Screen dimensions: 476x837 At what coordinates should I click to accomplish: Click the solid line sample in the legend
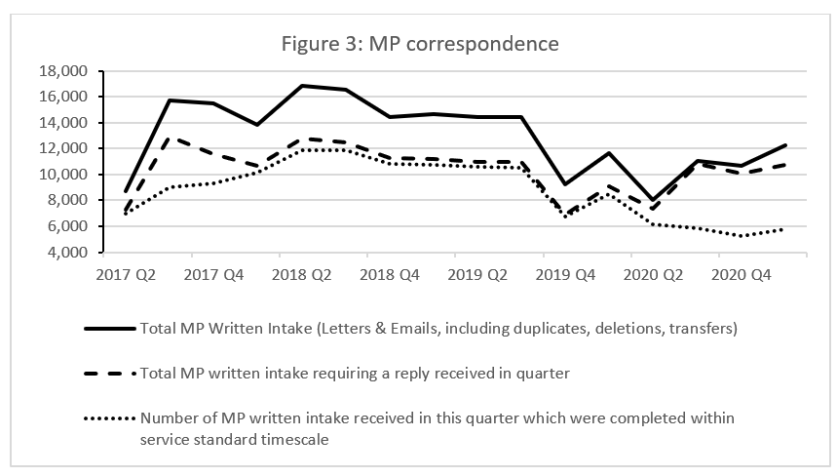(109, 329)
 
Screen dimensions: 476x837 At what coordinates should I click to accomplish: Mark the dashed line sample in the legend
(109, 373)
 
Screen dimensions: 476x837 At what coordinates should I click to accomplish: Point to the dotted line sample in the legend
(109, 417)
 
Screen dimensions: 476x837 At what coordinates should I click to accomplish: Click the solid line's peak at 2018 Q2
(303, 86)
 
